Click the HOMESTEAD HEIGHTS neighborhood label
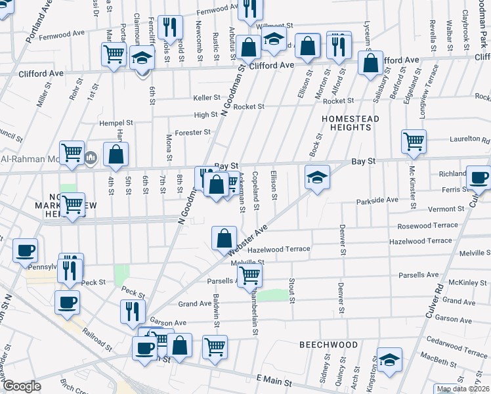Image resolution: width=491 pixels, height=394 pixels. pos(351,123)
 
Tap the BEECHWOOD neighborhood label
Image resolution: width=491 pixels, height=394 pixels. pos(329,345)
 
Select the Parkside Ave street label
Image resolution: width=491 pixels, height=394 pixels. pos(377,200)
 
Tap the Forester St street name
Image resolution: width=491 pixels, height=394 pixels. pos(193,132)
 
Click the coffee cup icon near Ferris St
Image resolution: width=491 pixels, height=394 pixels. pos(478,177)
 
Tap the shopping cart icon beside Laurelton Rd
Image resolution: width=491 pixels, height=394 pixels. pos(414,141)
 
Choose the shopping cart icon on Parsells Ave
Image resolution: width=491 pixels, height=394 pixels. pos(249,276)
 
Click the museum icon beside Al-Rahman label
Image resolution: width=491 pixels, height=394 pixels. pos(91,158)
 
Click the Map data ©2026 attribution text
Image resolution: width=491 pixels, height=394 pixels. pos(462,389)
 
